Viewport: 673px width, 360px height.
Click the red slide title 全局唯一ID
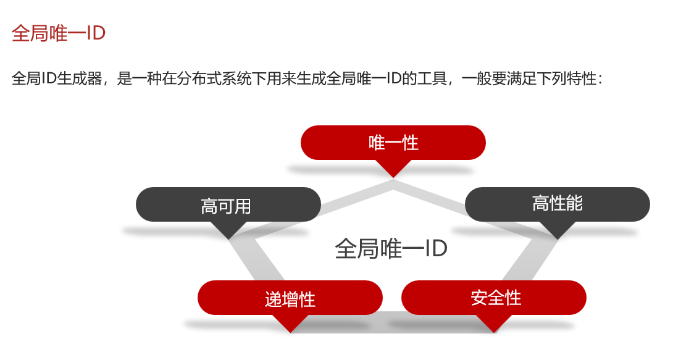(x=59, y=33)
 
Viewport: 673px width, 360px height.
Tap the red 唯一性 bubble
(x=393, y=143)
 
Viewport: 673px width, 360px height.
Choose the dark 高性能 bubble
(x=557, y=204)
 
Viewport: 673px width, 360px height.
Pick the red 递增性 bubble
(x=290, y=298)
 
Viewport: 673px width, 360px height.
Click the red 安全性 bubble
(x=494, y=298)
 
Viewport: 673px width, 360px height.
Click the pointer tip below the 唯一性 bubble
(x=393, y=175)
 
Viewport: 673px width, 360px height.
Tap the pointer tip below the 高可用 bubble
(x=228, y=237)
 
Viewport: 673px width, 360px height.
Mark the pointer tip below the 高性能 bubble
(x=558, y=237)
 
